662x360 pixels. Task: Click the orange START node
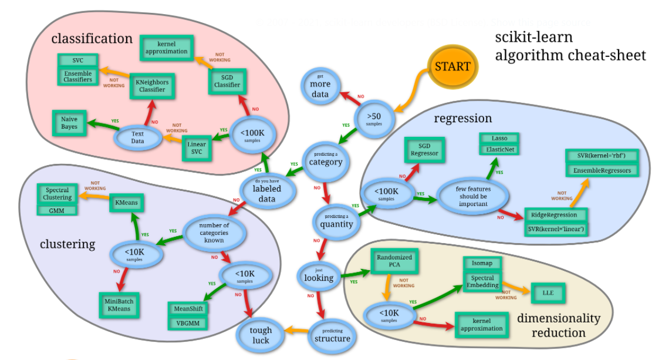coord(452,66)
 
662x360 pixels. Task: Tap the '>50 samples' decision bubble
coord(374,119)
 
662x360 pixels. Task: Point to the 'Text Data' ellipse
coord(138,137)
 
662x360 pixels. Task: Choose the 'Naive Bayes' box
coord(69,123)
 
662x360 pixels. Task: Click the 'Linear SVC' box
coord(197,147)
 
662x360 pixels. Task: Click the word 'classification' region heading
coord(92,39)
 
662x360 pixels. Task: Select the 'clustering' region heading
coord(67,244)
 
